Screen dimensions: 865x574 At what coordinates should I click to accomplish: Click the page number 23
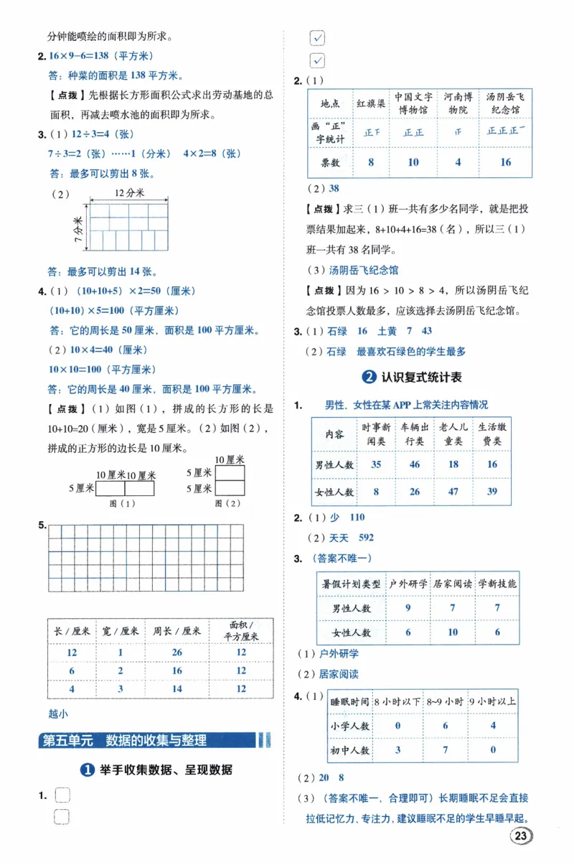click(522, 836)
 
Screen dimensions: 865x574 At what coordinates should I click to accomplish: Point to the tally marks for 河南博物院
click(458, 132)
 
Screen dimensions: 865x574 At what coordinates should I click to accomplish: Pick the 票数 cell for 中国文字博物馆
click(413, 162)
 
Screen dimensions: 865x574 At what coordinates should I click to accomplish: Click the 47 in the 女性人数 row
click(453, 492)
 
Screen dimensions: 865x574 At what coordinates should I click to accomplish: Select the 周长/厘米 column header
click(177, 632)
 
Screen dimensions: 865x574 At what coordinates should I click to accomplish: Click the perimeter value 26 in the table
click(177, 653)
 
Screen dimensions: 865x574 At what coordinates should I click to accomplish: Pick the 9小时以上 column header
click(492, 701)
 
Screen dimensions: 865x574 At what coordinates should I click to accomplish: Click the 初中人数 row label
click(351, 750)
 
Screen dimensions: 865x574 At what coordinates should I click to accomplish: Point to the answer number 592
click(366, 537)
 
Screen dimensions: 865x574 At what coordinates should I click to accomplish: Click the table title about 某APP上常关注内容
click(406, 405)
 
